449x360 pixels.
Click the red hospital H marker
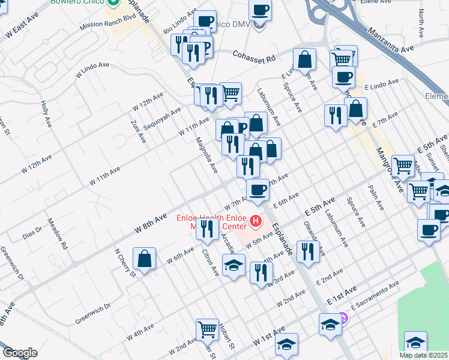(x=256, y=222)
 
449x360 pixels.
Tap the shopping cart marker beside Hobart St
(x=207, y=329)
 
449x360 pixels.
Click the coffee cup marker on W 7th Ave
(x=258, y=190)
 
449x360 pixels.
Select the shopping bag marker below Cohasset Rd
(x=305, y=59)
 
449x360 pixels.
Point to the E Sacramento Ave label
(x=375, y=295)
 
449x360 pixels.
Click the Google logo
(x=20, y=353)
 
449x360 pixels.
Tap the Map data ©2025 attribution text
(x=424, y=355)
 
